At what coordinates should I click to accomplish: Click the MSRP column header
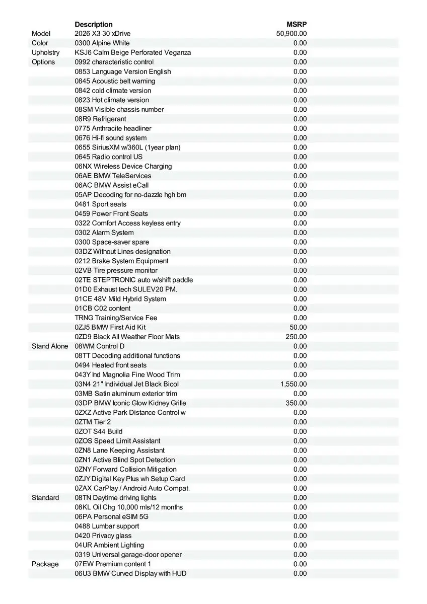[x=297, y=24]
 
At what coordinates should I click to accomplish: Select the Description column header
[x=94, y=24]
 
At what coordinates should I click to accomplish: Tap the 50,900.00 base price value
[x=292, y=34]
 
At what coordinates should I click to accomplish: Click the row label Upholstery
[x=45, y=52]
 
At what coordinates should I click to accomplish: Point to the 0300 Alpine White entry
[x=102, y=43]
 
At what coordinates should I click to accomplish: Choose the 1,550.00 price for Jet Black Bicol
[x=294, y=384]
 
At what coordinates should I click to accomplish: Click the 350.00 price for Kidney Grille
[x=296, y=403]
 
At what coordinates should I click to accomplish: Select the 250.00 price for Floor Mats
[x=296, y=337]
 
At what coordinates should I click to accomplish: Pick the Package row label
[x=45, y=564]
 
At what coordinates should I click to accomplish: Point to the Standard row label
[x=45, y=498]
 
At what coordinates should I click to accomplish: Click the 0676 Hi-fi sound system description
[x=111, y=138]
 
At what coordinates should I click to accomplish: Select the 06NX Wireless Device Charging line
[x=123, y=166]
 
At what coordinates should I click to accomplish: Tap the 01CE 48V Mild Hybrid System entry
[x=120, y=299]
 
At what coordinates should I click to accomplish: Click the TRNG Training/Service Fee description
[x=116, y=318]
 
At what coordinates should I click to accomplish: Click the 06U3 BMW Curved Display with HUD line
[x=130, y=574]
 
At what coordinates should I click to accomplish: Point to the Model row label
[x=41, y=34]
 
